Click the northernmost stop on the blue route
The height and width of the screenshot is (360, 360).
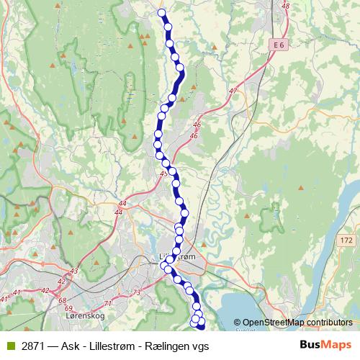(x=162, y=12)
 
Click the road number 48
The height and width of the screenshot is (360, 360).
(x=286, y=6)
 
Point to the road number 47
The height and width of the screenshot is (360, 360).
(x=232, y=91)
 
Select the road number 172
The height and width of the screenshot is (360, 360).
(x=348, y=239)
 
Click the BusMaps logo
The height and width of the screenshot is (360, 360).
(x=323, y=346)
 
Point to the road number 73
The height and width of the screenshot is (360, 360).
(x=137, y=292)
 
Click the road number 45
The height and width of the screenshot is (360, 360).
(x=164, y=174)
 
